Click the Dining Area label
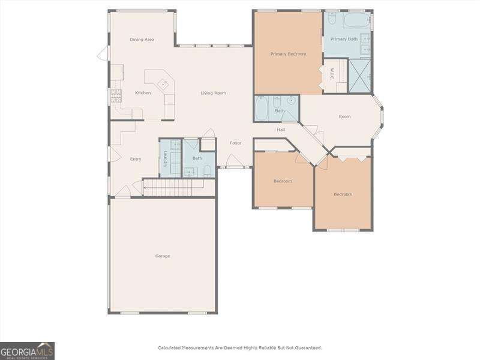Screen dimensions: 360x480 tap(142, 40)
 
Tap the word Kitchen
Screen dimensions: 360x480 tap(143, 93)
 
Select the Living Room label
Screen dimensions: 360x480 tap(213, 93)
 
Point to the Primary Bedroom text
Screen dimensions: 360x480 tap(288, 54)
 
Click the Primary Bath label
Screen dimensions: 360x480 tap(344, 39)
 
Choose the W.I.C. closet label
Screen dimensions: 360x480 tap(331, 74)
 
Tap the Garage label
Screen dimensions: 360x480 tap(163, 256)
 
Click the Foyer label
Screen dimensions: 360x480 tap(235, 143)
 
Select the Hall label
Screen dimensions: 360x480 tap(281, 130)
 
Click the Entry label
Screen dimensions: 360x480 tap(136, 159)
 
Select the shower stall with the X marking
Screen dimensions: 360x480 tap(359, 76)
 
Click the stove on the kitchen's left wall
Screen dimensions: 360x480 tap(114, 96)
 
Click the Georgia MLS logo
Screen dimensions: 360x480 tap(28, 350)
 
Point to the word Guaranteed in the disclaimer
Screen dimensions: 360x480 tap(305, 348)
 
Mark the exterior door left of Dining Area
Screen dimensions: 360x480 tap(103, 54)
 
